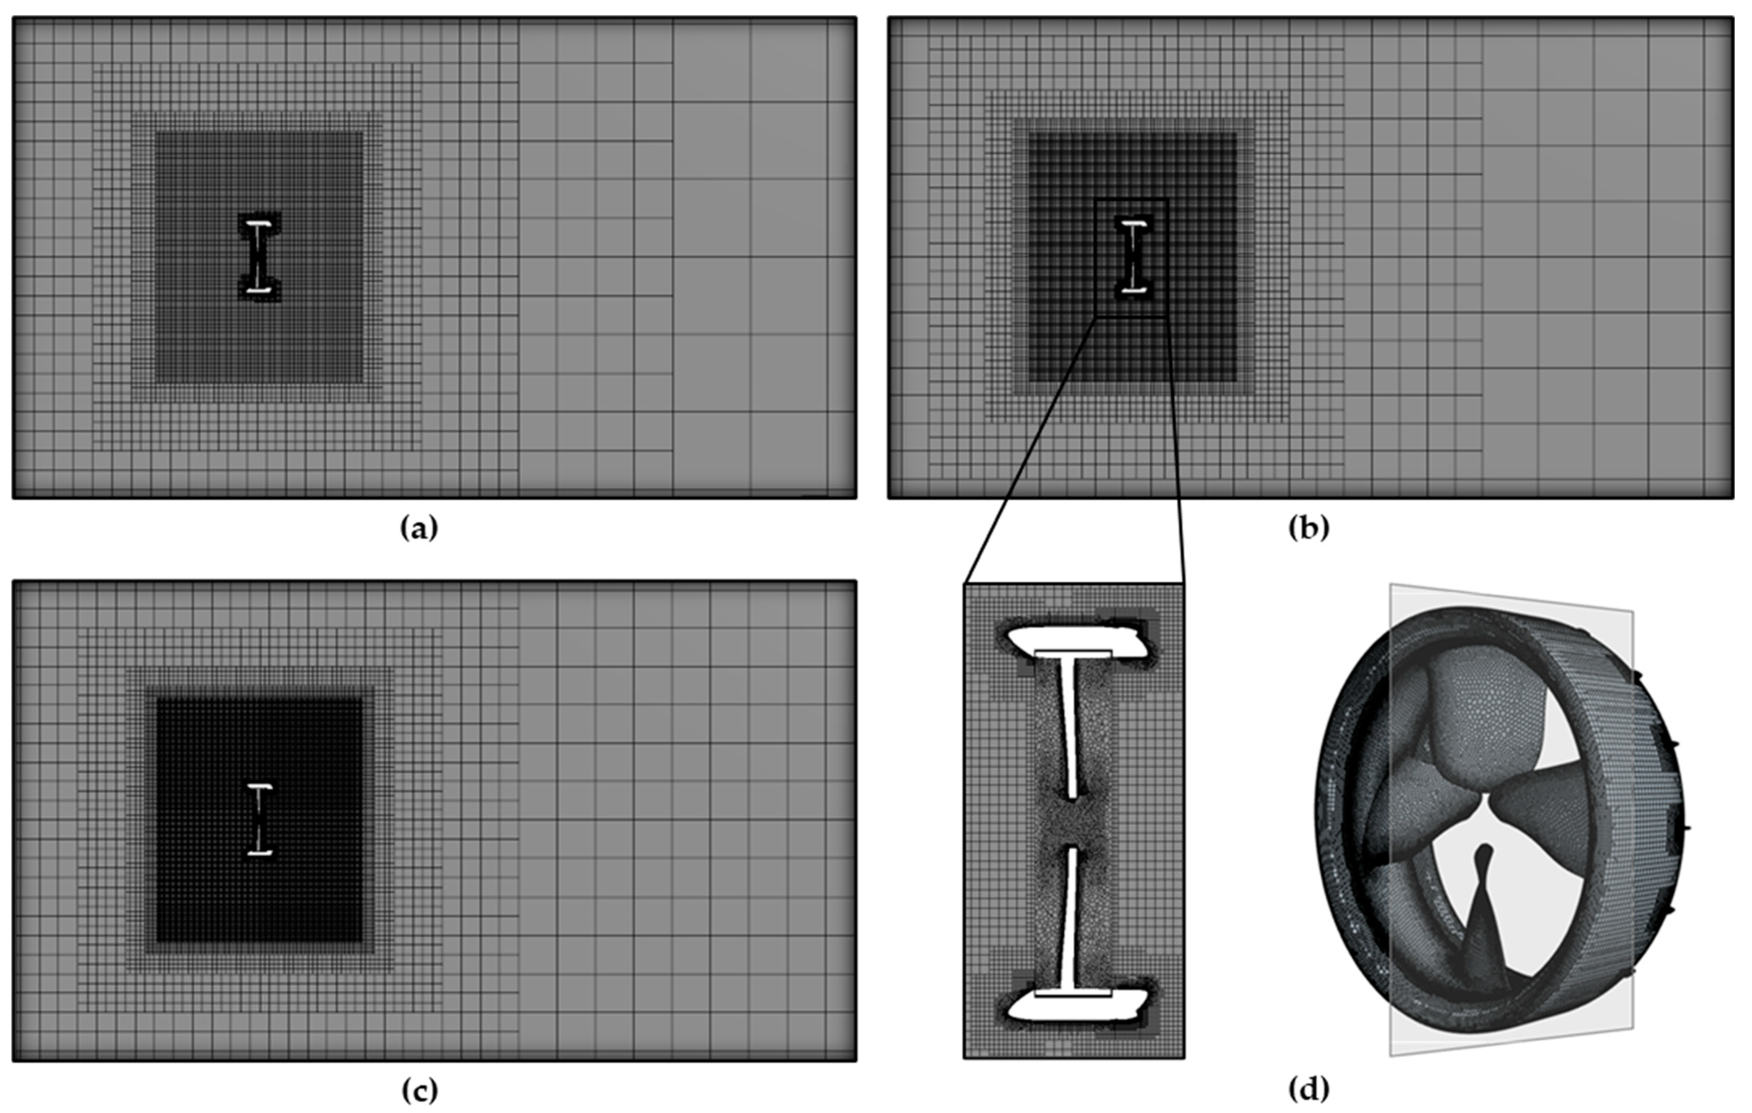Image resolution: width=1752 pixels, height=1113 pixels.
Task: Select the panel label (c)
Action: [x=420, y=1090]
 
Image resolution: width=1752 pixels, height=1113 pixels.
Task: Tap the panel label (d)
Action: [x=1308, y=1090]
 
